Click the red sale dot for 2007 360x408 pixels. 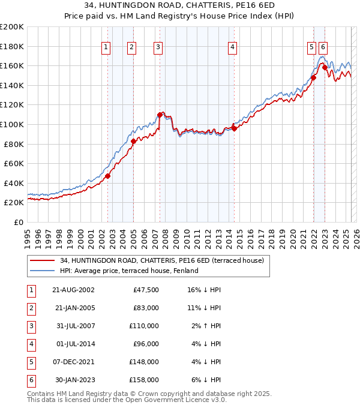(x=160, y=115)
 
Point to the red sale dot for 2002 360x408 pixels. (x=108, y=176)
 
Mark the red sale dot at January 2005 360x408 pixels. (x=133, y=142)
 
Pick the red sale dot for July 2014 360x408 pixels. (x=234, y=128)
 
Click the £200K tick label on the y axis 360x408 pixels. (x=12, y=26)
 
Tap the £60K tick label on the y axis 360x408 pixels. (x=14, y=163)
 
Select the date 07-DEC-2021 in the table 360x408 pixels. (x=74, y=362)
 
